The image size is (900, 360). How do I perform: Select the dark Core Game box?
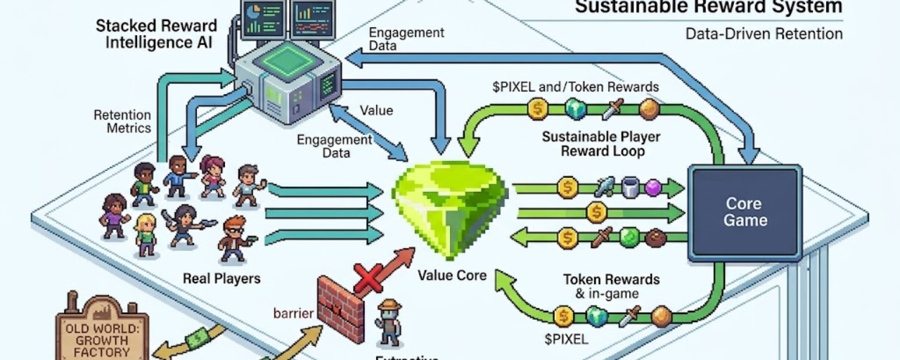[x=744, y=212]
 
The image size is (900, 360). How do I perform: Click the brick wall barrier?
[x=341, y=308]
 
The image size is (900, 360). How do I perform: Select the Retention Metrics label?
[x=122, y=122]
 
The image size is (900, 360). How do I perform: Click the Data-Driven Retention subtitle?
[x=763, y=34]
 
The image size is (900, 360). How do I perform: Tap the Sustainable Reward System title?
[x=708, y=8]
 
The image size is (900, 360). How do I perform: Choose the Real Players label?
[x=221, y=278]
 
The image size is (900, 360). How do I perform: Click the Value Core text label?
[x=451, y=275]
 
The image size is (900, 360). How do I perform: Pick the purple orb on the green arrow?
[x=653, y=188]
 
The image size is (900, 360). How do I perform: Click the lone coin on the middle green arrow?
[x=596, y=212]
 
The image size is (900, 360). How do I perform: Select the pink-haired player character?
[x=212, y=175]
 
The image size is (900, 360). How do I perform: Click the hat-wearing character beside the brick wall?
[x=388, y=323]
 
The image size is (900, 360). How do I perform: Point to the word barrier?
[x=293, y=313]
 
